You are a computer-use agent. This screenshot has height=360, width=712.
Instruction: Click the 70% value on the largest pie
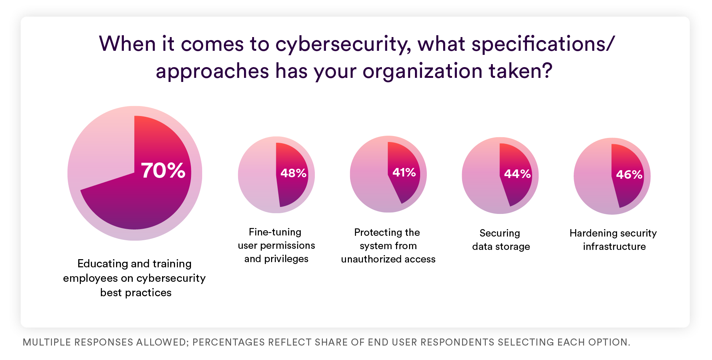(163, 171)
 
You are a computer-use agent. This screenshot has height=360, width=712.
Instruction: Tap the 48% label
(293, 173)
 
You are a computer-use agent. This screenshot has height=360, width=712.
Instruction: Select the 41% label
(404, 172)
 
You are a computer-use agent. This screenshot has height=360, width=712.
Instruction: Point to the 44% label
(517, 174)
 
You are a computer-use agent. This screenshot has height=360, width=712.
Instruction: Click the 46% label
(629, 175)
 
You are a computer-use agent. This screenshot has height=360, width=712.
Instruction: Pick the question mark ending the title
(546, 70)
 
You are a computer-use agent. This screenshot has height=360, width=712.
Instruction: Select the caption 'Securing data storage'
(501, 240)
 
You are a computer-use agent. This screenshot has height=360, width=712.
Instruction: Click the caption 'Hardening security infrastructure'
(613, 240)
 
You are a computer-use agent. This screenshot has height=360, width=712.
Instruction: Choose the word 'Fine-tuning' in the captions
(275, 232)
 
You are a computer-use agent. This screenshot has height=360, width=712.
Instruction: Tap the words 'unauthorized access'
(388, 259)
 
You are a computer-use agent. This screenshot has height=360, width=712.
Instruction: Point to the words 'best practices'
(136, 293)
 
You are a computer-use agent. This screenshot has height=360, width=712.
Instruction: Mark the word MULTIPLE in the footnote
(47, 342)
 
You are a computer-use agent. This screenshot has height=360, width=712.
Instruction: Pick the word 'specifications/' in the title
(543, 44)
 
